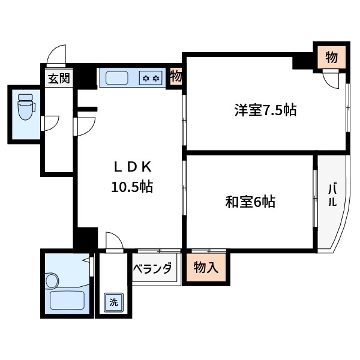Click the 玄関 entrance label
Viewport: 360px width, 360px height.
59,78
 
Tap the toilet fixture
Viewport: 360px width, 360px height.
25,109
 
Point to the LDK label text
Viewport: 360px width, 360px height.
131,166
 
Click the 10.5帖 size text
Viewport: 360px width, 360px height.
131,187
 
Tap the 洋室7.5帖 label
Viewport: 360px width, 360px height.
265,110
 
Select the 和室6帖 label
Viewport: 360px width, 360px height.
250,202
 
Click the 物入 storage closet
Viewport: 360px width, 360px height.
205,267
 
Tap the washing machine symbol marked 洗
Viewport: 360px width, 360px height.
113,302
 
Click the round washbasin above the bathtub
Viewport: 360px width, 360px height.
52,280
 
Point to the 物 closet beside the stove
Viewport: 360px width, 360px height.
176,77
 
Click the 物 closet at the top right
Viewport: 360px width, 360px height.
331,58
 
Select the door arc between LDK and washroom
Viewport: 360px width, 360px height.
113,240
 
